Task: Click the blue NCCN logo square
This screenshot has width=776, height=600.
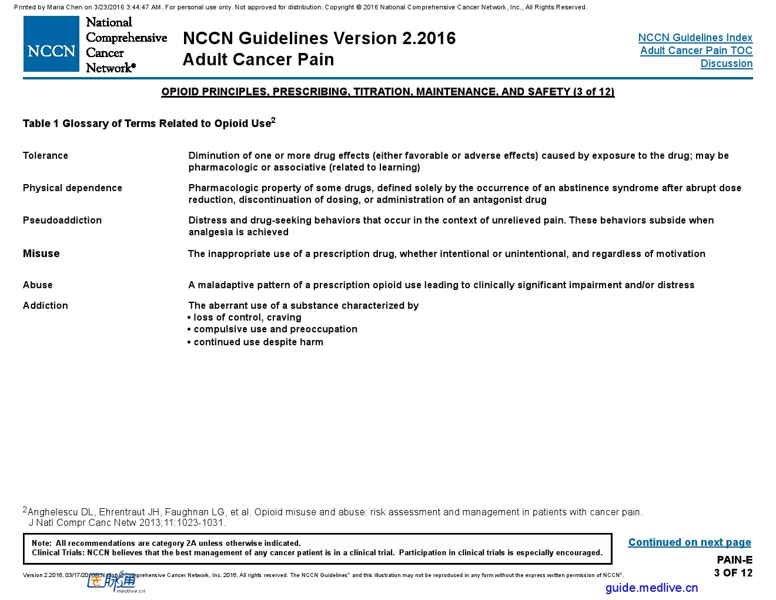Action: tap(51, 44)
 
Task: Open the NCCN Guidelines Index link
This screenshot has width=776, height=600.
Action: tap(695, 38)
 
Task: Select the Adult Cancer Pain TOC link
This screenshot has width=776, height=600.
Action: tap(696, 51)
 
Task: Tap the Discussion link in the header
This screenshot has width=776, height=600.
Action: tap(726, 64)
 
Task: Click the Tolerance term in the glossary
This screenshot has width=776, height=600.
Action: tap(45, 155)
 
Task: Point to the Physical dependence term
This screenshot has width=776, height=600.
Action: tap(72, 188)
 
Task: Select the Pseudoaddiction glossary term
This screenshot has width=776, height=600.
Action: tap(62, 220)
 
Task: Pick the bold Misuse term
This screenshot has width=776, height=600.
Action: tap(41, 254)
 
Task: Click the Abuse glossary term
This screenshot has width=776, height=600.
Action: tap(38, 285)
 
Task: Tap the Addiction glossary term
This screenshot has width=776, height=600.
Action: tap(45, 305)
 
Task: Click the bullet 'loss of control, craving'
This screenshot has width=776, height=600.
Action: tap(247, 318)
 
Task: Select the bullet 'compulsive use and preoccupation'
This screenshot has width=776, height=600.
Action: tap(275, 329)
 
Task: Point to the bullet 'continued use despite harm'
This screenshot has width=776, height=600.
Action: tap(258, 342)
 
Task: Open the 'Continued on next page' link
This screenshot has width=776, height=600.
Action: tap(689, 542)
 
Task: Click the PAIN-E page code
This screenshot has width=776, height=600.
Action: tap(734, 560)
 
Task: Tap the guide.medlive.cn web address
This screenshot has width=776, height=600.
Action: tap(651, 588)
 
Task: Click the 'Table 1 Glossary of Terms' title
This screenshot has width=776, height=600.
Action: tap(147, 124)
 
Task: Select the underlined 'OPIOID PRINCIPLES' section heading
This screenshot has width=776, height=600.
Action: tap(387, 92)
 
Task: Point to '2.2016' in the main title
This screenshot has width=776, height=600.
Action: tap(429, 38)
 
